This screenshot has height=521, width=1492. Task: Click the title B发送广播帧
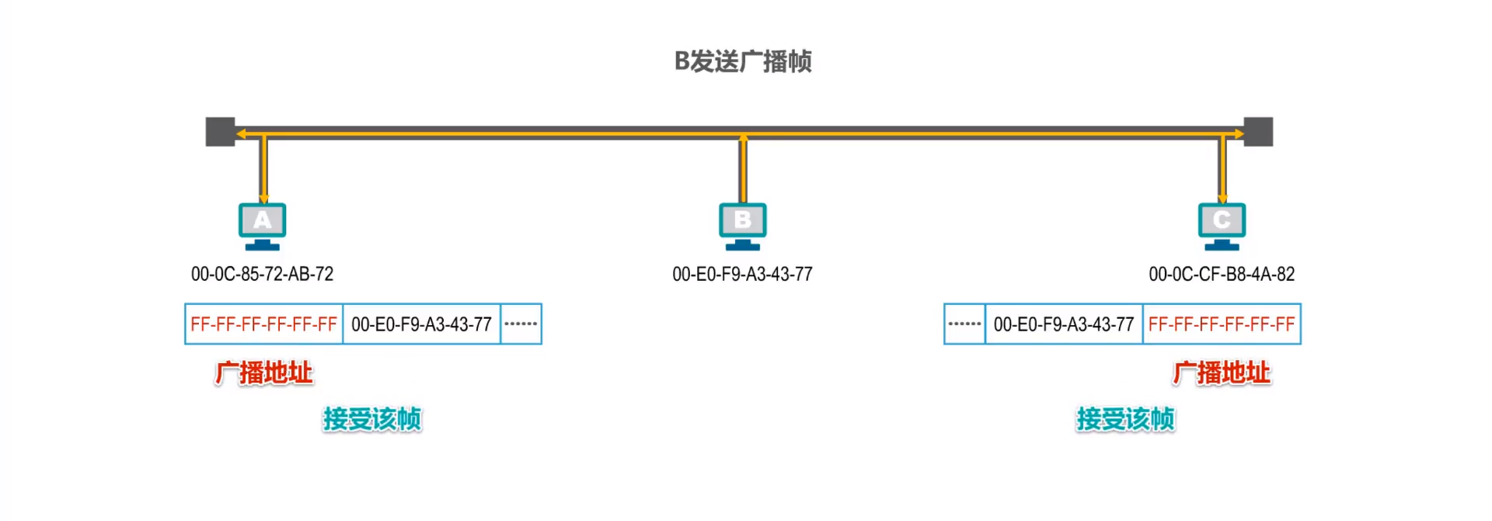click(743, 61)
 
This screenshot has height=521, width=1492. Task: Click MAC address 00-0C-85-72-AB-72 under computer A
click(262, 274)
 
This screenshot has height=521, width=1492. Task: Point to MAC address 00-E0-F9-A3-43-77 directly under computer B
click(742, 274)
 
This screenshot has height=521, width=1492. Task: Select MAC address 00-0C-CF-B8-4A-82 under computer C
click(1222, 274)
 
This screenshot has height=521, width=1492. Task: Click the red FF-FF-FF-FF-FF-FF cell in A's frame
click(263, 324)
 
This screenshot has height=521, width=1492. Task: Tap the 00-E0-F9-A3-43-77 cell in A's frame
click(421, 324)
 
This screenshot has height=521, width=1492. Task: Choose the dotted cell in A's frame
click(521, 324)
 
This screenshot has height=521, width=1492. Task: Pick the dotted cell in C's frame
click(964, 324)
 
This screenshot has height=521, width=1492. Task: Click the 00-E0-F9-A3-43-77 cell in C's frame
click(1064, 324)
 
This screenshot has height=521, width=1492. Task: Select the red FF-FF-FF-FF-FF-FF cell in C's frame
click(1222, 324)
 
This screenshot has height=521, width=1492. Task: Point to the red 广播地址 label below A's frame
click(264, 373)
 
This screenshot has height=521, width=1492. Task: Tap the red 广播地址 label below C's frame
click(1222, 373)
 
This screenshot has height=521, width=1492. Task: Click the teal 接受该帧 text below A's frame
click(372, 419)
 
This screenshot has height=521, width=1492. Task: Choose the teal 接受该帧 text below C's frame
click(1125, 419)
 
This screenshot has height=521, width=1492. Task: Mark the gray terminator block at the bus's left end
click(220, 132)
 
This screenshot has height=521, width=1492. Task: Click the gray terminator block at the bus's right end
click(1258, 132)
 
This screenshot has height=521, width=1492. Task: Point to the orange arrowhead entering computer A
click(263, 199)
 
